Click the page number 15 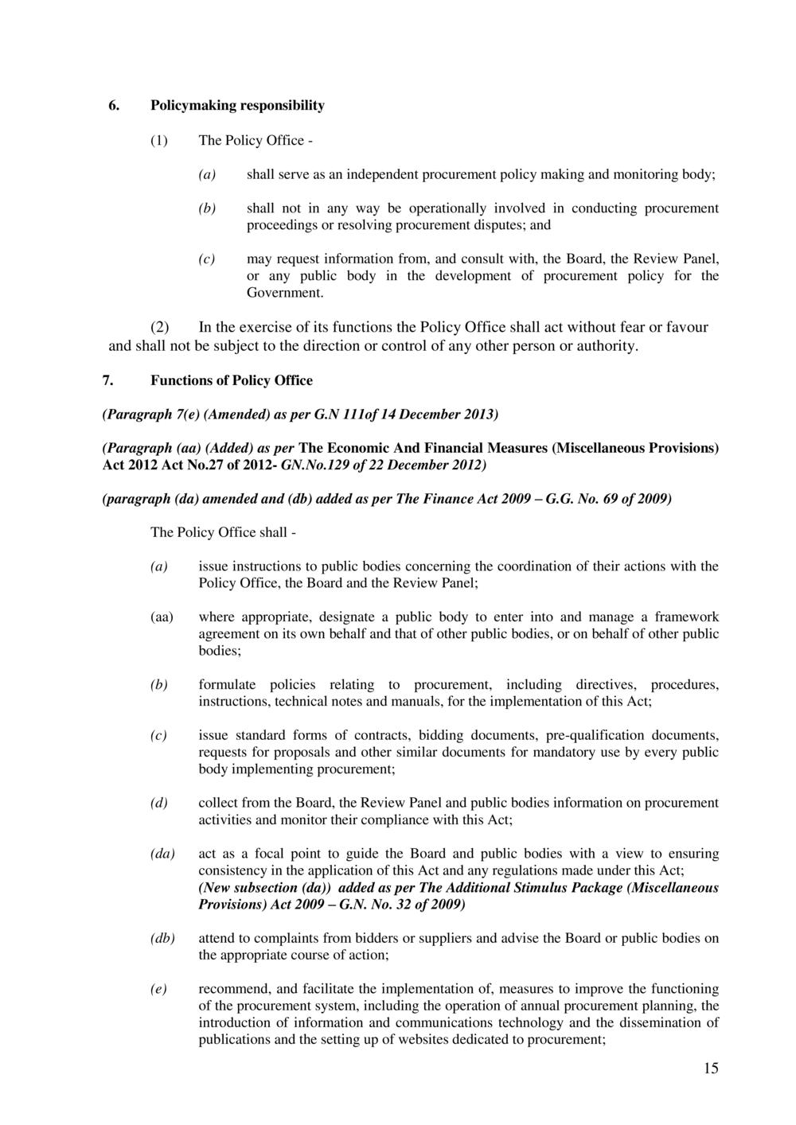710,1069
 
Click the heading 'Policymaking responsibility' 237,105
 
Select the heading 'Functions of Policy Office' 232,380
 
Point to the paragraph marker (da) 163,854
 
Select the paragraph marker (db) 163,938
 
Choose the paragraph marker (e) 159,989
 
